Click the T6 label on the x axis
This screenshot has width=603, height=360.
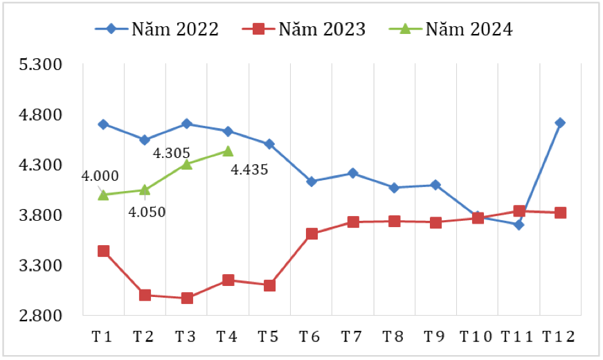pos(310,337)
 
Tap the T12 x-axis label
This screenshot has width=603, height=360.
pos(559,337)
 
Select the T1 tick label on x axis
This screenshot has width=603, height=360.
pos(102,337)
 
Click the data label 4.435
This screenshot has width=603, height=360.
pos(249,170)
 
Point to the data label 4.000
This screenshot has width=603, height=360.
pos(100,177)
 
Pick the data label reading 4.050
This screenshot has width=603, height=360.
pos(147,212)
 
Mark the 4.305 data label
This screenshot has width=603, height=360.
pos(171,153)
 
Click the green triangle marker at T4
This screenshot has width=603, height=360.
pos(228,151)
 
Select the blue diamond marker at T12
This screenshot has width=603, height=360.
pos(560,123)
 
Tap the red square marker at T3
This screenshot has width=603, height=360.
pos(186,298)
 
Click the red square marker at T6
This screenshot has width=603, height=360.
pos(312,234)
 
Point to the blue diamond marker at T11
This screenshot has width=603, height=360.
pos(519,224)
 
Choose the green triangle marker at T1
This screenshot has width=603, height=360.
pos(103,195)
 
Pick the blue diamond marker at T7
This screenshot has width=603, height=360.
pos(352,173)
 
